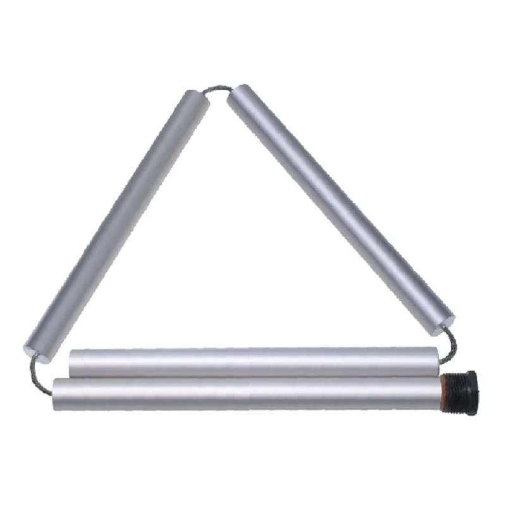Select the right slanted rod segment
click(342, 209)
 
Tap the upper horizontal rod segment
click(253, 362)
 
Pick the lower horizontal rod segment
click(247, 394)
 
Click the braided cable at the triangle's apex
click(218, 89)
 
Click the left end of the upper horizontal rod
click(71, 362)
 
